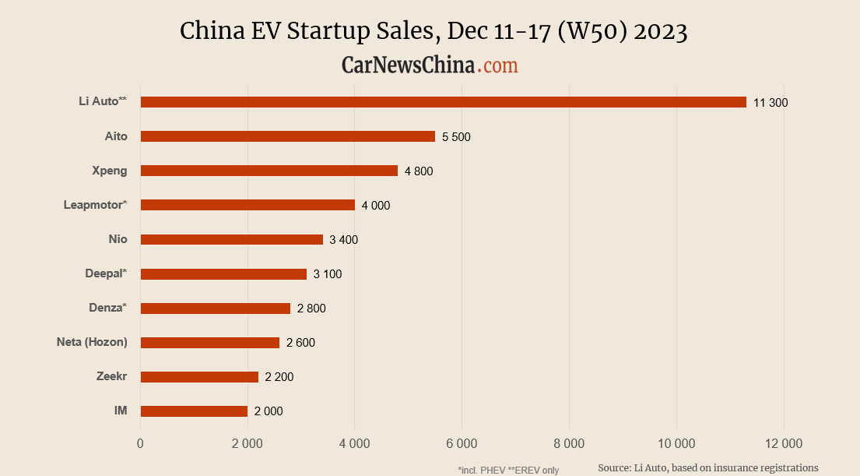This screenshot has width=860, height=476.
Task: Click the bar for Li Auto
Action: [443, 102]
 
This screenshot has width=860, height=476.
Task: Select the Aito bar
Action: [287, 136]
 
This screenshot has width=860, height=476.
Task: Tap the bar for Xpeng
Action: [269, 171]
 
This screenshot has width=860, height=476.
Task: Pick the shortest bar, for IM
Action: [194, 411]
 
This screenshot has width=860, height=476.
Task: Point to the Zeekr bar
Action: [199, 377]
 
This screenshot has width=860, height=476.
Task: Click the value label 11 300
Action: [770, 103]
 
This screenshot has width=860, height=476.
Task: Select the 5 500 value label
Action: [456, 137]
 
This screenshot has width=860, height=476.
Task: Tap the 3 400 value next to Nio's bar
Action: [343, 240]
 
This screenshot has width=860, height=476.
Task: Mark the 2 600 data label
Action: [300, 343]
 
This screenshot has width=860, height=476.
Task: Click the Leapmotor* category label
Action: [95, 205]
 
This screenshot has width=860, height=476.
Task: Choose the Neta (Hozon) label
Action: [92, 342]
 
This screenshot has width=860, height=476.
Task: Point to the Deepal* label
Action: [106, 273]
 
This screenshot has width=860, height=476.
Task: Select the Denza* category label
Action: [107, 308]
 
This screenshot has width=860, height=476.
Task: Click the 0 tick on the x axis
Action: [140, 444]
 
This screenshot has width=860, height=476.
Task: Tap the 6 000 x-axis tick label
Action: [462, 444]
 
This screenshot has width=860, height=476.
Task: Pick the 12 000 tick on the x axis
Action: [783, 444]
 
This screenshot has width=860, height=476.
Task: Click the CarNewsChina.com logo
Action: [430, 65]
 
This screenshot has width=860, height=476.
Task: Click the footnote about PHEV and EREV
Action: [508, 470]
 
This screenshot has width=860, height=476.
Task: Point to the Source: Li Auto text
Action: [707, 467]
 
